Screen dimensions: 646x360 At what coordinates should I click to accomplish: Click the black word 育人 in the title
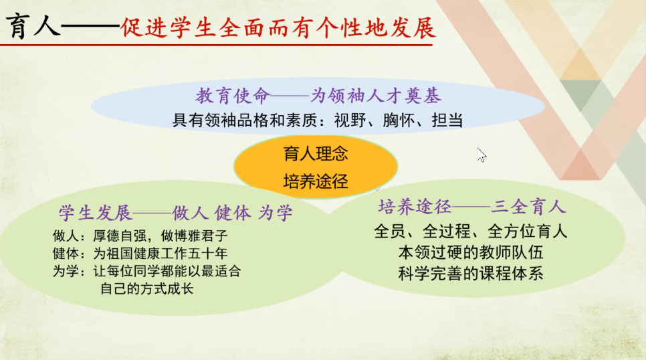tap(33, 26)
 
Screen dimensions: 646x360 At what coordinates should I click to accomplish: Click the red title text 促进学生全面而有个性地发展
tap(278, 27)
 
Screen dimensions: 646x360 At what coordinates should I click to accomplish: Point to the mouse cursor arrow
tap(481, 155)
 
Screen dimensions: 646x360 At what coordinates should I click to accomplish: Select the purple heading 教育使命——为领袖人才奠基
tap(318, 96)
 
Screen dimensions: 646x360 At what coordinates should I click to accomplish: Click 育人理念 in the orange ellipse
tap(316, 154)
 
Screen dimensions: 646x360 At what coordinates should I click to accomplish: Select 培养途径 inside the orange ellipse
tap(316, 181)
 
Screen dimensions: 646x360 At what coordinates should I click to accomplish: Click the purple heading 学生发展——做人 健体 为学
tap(175, 213)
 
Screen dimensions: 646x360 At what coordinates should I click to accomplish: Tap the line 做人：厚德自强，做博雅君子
tap(140, 236)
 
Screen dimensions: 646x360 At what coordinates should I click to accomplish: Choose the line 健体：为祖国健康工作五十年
tap(140, 253)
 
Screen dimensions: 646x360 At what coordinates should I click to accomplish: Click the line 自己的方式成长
tap(146, 288)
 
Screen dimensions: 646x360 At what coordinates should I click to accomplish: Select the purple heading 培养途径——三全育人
tap(471, 206)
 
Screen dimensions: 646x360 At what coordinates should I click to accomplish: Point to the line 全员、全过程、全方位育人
tap(471, 232)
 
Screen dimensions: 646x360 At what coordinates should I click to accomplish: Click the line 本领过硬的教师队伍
tap(471, 252)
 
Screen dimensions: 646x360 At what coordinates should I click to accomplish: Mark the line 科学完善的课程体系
tap(471, 274)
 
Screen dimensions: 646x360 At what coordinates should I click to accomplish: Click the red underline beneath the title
tap(216, 45)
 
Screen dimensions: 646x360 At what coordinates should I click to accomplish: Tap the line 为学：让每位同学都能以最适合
tap(146, 271)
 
